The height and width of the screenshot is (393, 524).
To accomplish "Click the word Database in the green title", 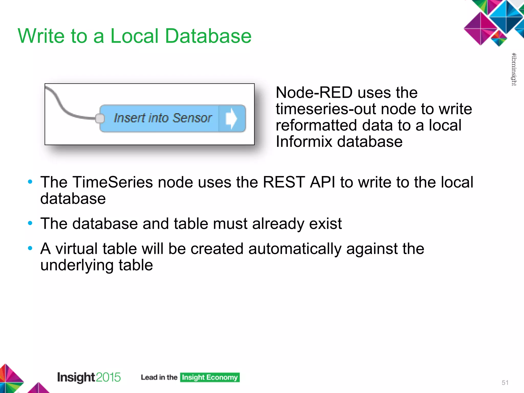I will (x=208, y=36).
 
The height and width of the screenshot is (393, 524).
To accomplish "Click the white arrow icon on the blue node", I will (x=231, y=118).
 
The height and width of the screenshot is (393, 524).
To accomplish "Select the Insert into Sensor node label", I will (x=163, y=118).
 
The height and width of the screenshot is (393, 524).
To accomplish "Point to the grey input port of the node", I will (x=100, y=118).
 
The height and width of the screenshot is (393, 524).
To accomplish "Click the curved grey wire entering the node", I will (x=61, y=105).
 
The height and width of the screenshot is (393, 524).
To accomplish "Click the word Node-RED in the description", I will (x=314, y=93).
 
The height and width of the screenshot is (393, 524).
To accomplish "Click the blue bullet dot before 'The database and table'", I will (x=30, y=223).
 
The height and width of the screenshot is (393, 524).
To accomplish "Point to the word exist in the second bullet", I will (x=325, y=224).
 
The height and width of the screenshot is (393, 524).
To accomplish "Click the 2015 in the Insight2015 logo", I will (x=108, y=377).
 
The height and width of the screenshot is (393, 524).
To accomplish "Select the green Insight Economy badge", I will (x=210, y=377).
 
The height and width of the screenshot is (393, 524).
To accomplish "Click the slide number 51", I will (x=505, y=383).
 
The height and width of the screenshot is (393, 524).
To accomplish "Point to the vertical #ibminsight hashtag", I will (x=514, y=69).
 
